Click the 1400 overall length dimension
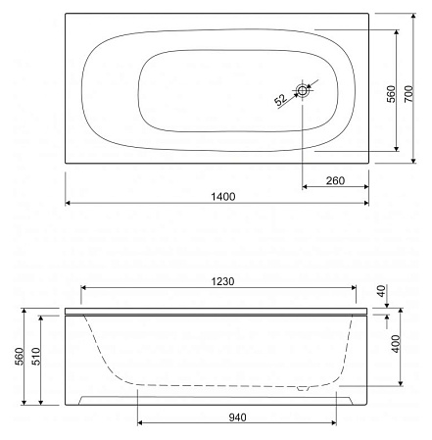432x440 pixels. (224, 196)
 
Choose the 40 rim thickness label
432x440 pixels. (392, 293)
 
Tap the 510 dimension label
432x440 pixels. (35, 359)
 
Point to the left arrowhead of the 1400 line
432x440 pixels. (69, 204)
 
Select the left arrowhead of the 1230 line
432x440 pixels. (82, 289)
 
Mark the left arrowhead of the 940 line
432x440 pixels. (140, 424)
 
